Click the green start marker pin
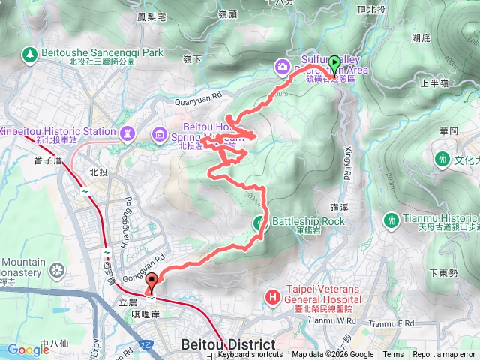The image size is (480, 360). pyautogui.click(x=334, y=64)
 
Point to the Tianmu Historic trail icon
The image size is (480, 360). pyautogui.click(x=390, y=220)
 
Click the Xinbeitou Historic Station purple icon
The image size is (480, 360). pyautogui.click(x=127, y=133)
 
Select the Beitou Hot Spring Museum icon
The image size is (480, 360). pyautogui.click(x=160, y=134)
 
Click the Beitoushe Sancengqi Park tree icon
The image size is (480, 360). pyautogui.click(x=30, y=54)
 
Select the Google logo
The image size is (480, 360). pyautogui.click(x=28, y=349)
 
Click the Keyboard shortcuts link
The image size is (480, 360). pyautogui.click(x=250, y=355)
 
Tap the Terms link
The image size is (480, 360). pyautogui.click(x=393, y=355)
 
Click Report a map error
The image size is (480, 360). pyautogui.click(x=445, y=355)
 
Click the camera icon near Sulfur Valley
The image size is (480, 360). pyautogui.click(x=282, y=67)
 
